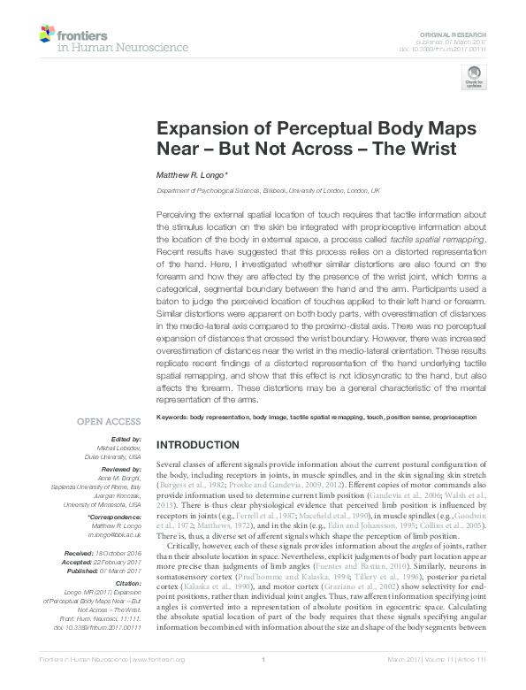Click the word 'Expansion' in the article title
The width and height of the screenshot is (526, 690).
(x=200, y=127)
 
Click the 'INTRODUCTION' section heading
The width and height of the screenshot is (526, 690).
(x=197, y=445)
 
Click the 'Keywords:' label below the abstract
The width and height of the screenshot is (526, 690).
(x=172, y=417)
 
